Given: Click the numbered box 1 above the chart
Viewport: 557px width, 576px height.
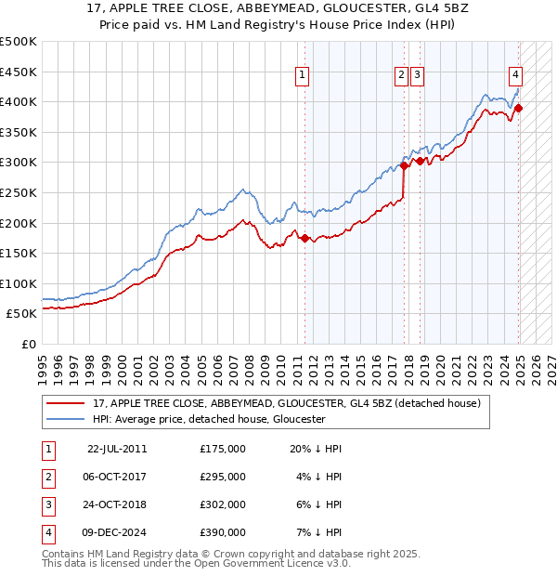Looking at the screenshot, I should (x=304, y=77).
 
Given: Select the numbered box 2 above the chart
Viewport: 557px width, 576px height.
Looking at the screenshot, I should (x=401, y=77).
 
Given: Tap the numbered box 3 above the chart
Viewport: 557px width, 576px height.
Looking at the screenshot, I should (x=417, y=77).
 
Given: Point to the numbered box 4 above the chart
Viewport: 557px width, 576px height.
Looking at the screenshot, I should (x=515, y=77).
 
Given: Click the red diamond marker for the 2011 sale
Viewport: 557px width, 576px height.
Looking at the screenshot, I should (x=304, y=238).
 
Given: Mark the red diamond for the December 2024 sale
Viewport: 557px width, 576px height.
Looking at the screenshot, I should (x=519, y=108).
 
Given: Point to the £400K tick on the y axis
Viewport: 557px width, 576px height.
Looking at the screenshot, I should (x=19, y=101).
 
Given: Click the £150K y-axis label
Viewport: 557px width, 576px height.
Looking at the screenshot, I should (x=19, y=253).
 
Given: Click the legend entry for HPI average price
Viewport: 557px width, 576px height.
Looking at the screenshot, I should (x=208, y=419).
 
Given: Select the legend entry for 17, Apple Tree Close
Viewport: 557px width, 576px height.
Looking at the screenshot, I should (x=286, y=403).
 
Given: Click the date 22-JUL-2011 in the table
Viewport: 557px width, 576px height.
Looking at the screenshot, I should (x=117, y=449).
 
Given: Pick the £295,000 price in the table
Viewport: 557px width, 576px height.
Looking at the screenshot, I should (x=223, y=477).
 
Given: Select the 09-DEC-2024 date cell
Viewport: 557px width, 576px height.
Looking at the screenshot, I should (x=117, y=532).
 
